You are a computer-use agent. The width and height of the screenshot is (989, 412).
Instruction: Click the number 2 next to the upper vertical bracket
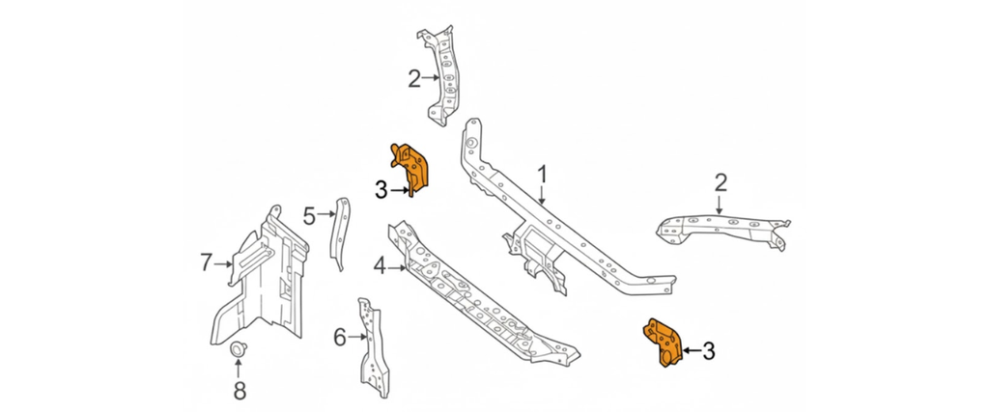click(414, 79)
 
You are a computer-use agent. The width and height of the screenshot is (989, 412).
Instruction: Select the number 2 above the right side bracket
click(721, 182)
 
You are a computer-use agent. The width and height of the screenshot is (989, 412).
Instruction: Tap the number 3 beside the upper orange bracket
click(381, 191)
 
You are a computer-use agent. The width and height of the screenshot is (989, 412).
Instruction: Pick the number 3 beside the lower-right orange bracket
click(708, 352)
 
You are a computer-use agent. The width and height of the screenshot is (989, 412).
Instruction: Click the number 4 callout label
click(380, 265)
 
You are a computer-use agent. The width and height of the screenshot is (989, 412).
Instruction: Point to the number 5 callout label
click(309, 216)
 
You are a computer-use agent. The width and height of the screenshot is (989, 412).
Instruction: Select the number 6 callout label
click(340, 338)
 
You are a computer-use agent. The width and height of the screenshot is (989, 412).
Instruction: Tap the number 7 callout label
click(206, 261)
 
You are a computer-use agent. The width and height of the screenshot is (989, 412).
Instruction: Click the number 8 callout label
click(239, 390)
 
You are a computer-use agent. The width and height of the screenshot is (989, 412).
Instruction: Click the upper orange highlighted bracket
click(412, 167)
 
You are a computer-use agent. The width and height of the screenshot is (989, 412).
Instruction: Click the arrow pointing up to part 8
click(239, 368)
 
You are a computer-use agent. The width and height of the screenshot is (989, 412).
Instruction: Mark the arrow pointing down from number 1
click(543, 196)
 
